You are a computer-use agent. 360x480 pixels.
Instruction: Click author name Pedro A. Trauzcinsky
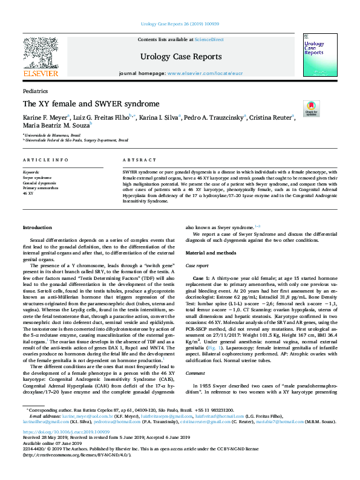(x=214, y=117)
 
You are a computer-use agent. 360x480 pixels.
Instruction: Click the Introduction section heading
(x=38, y=227)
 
